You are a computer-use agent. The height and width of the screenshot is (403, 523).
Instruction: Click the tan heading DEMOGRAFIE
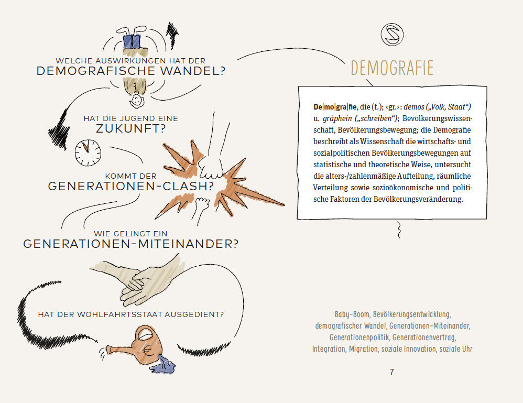(x=392, y=68)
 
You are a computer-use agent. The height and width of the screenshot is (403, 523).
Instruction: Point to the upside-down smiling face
(x=137, y=98)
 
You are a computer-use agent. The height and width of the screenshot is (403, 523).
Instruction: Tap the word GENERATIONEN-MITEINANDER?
(x=131, y=244)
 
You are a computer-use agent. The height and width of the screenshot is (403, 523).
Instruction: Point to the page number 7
(x=392, y=372)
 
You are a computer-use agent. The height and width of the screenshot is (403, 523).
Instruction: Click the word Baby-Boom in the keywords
(x=351, y=314)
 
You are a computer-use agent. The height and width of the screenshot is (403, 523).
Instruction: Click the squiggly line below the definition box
(x=399, y=228)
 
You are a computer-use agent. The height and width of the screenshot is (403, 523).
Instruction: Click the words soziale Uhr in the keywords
(x=456, y=349)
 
